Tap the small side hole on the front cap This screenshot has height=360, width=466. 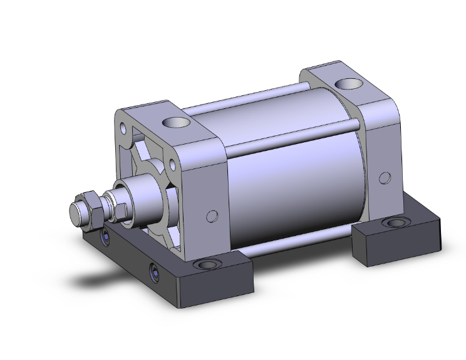tap(213, 216)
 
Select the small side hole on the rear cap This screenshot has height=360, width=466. tap(382, 178)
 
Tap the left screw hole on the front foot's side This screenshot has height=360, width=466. tap(105, 237)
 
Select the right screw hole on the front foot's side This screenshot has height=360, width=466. tap(154, 270)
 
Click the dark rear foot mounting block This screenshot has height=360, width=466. tap(395, 241)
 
